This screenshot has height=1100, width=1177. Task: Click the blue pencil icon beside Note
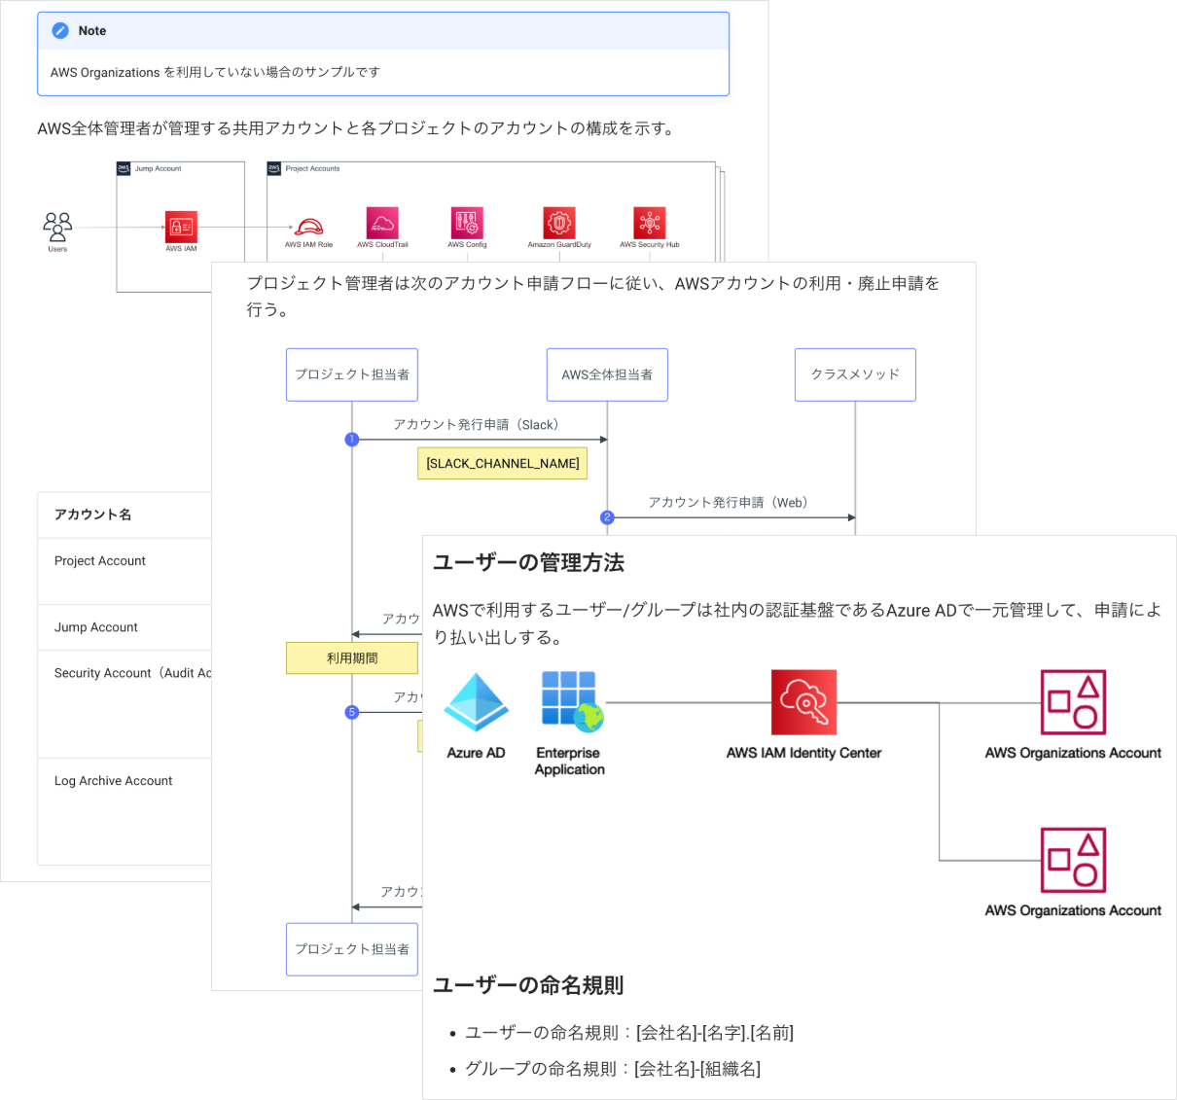(x=60, y=31)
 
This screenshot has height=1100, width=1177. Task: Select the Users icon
(x=57, y=228)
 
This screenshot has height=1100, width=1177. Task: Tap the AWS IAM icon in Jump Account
(x=181, y=228)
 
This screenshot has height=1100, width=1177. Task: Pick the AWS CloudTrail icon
(x=382, y=224)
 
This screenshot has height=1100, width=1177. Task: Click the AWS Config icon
(x=467, y=224)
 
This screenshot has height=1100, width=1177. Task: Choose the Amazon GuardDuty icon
(x=559, y=224)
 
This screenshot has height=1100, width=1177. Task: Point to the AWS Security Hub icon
(x=649, y=224)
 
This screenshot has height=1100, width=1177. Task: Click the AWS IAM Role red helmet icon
(x=308, y=227)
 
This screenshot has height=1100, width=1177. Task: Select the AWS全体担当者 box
(x=607, y=374)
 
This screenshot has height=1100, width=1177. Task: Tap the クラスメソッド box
(x=855, y=374)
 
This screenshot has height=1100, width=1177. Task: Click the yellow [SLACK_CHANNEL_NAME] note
(x=503, y=464)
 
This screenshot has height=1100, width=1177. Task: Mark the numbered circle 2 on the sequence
(x=607, y=517)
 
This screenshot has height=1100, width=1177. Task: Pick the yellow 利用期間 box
(x=352, y=658)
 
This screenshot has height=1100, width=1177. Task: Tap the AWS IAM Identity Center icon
(x=803, y=702)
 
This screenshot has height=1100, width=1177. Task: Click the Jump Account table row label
(x=96, y=627)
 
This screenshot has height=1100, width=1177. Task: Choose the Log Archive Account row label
(x=113, y=781)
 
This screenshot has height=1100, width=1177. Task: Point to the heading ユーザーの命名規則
(x=528, y=985)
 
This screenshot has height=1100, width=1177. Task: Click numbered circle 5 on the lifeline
(x=352, y=712)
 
